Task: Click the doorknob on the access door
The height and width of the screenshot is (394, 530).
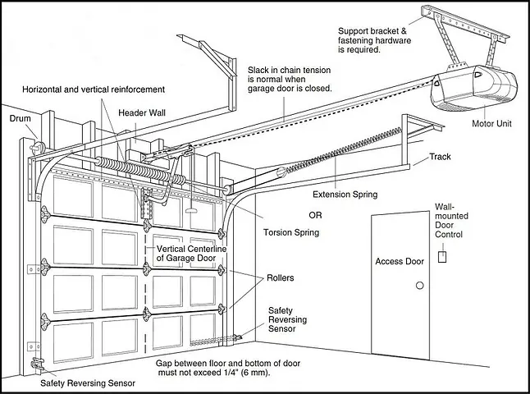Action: click(x=420, y=285)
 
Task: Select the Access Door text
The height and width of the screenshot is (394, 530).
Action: click(x=400, y=262)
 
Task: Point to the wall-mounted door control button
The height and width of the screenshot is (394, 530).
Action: click(x=443, y=256)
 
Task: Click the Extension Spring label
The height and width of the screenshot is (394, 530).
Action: click(x=345, y=195)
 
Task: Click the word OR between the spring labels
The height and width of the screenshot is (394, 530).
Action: click(x=315, y=215)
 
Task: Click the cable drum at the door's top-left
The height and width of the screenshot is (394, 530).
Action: click(x=38, y=148)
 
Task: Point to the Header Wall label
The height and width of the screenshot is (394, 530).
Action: click(x=143, y=112)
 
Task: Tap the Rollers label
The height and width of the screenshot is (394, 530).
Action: click(x=280, y=278)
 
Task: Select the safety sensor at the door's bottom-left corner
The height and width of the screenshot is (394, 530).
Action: click(x=35, y=364)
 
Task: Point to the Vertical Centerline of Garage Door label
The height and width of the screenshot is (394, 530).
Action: click(x=191, y=253)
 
